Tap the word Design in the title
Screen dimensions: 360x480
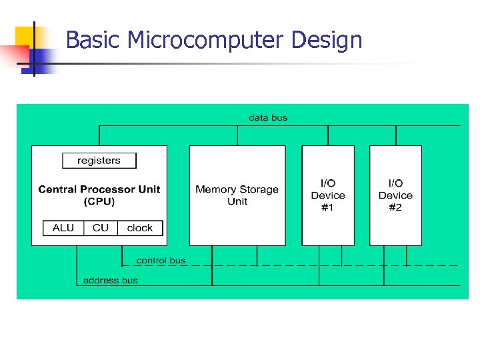[327, 41]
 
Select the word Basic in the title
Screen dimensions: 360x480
[93, 41]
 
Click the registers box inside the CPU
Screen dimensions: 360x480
[99, 161]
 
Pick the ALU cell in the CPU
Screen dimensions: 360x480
[63, 228]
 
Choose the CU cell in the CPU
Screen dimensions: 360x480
[101, 228]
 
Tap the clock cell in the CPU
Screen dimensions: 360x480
[140, 228]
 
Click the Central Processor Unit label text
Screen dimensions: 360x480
[99, 189]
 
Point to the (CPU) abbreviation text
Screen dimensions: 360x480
[99, 201]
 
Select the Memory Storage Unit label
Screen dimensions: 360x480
[237, 195]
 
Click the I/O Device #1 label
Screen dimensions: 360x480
[328, 195]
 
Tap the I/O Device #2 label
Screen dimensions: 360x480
[395, 195]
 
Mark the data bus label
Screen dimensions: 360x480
[268, 118]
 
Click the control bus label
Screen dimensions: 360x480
[161, 261]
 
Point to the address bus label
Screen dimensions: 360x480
[111, 281]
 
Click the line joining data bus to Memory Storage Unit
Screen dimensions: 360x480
[237, 135]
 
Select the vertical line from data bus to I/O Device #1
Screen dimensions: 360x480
[328, 135]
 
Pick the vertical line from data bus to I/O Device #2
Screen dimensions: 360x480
[395, 135]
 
